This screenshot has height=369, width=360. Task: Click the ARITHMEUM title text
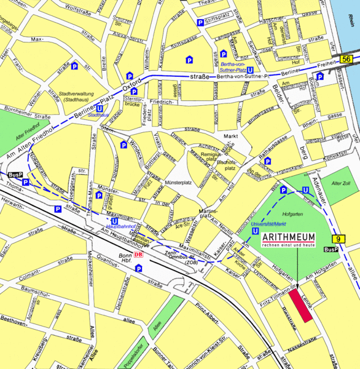click(289, 237)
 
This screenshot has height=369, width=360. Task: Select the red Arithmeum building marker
click(301, 304)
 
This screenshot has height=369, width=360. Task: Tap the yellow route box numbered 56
click(346, 58)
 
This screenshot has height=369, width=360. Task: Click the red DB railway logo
click(138, 255)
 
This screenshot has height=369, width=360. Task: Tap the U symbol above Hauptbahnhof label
click(115, 221)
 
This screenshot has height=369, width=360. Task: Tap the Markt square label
click(230, 135)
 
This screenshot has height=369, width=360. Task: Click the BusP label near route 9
click(331, 249)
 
